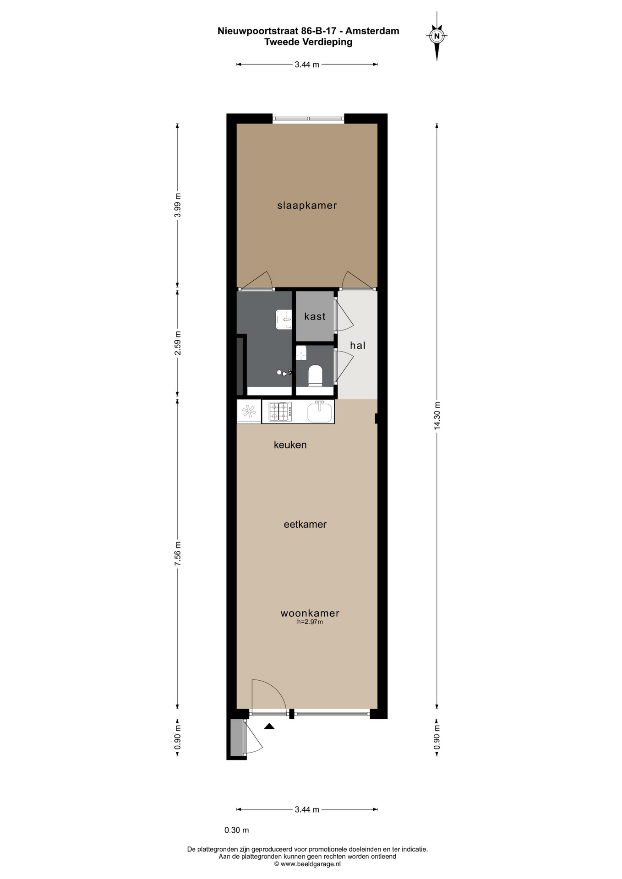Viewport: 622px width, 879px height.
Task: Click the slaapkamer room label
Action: click(x=307, y=206)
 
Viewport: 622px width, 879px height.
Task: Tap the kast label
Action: click(x=315, y=316)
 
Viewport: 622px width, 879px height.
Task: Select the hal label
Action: click(x=358, y=346)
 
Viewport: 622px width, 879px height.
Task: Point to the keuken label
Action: click(x=290, y=445)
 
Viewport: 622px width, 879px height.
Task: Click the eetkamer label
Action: click(x=305, y=524)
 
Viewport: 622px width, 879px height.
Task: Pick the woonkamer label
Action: click(x=310, y=613)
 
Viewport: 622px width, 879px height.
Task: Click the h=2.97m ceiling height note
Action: click(x=310, y=622)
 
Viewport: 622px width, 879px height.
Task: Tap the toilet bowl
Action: click(x=315, y=375)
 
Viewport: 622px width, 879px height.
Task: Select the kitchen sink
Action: click(x=320, y=411)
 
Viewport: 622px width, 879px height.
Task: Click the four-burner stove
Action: click(x=280, y=411)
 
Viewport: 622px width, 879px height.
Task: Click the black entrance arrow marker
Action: click(x=269, y=726)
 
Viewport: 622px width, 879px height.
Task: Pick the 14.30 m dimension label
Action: click(x=437, y=415)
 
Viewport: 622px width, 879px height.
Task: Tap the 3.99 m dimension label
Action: click(x=178, y=205)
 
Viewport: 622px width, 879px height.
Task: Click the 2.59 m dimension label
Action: click(x=178, y=342)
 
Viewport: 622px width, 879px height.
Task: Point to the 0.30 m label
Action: click(x=236, y=830)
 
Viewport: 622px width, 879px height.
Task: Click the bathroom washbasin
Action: click(x=284, y=319)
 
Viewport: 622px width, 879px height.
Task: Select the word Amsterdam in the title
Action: click(x=372, y=31)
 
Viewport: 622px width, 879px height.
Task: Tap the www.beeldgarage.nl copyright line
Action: click(x=307, y=864)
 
